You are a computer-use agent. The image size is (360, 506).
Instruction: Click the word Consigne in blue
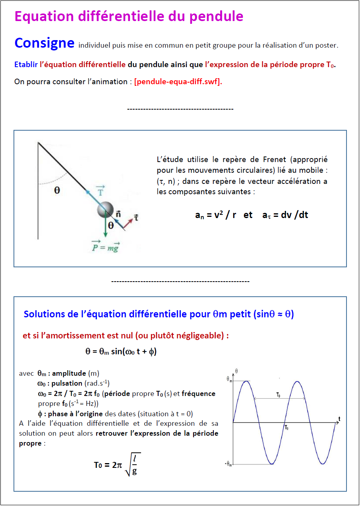tap(44, 43)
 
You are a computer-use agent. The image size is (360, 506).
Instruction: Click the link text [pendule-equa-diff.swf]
tap(178, 82)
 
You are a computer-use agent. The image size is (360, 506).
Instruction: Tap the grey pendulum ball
tap(105, 209)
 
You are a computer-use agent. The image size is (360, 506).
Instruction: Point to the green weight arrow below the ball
tap(105, 227)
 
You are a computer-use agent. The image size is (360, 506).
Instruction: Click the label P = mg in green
tap(105, 246)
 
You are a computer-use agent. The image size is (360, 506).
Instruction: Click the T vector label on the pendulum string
tap(101, 190)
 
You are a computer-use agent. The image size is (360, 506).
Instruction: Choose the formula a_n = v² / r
tap(215, 215)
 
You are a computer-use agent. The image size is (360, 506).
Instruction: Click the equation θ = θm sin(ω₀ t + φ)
tap(121, 352)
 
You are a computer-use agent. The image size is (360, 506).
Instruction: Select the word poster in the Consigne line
tap(327, 45)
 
